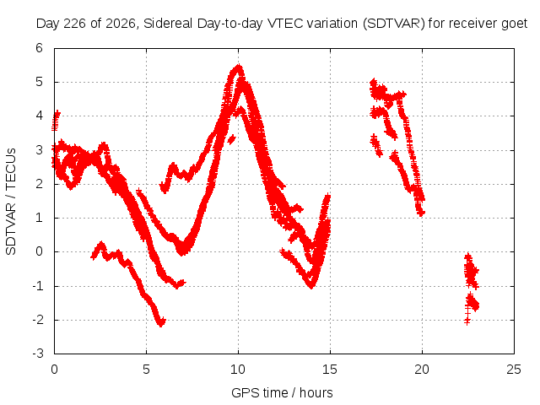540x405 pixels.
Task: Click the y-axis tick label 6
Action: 39,48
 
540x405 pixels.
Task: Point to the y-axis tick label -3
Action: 38,354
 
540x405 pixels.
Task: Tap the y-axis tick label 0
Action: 39,251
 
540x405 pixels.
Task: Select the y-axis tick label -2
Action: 38,320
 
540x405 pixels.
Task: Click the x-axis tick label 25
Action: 514,370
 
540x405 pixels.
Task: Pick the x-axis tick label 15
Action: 330,370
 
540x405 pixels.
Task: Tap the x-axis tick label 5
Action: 146,370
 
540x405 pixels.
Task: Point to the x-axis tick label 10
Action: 238,370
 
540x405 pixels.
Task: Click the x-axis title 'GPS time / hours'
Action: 282,392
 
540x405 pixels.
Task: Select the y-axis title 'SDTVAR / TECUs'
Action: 11,202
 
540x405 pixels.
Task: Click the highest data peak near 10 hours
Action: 238,66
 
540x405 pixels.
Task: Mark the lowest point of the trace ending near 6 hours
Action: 161,324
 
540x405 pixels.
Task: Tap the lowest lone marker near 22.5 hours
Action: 467,321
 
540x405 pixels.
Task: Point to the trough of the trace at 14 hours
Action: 311,285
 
